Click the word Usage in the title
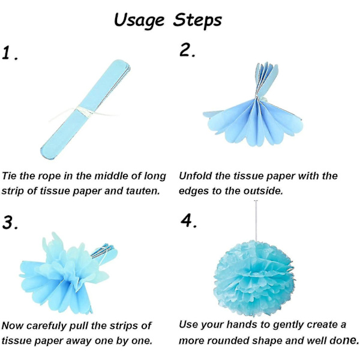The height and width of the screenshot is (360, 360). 139,21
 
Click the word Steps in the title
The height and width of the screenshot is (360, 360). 197,20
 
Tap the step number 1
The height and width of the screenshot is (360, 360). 10,53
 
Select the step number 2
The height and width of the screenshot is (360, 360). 187,50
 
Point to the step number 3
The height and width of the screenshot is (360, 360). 10,222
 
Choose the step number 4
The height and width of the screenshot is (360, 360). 189,220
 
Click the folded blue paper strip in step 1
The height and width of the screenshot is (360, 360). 85,110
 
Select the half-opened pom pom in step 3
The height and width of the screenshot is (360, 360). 68,273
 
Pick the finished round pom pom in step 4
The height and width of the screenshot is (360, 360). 254,278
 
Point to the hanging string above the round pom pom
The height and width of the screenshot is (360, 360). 256,220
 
